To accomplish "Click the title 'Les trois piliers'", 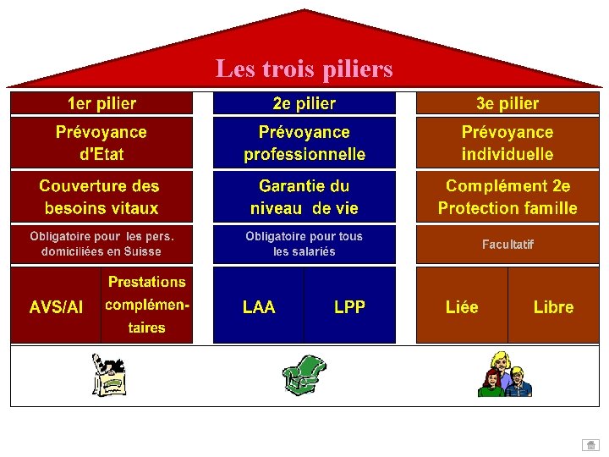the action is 304,68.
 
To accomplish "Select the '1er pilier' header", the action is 101,104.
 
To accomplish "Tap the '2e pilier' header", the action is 304,104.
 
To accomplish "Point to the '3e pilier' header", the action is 507,104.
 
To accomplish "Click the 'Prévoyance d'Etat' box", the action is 101,143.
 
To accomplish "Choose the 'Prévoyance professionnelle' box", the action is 304,143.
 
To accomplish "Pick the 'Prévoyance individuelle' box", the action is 507,143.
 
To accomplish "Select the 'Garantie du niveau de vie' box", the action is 304,196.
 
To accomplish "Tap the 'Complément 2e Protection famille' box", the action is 507,196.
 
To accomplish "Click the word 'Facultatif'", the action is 507,245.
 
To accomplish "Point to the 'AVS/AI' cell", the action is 56,307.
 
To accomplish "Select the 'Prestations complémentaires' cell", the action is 147,305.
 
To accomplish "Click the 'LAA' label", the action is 259,307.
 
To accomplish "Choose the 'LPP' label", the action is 349,307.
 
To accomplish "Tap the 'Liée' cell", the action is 462,307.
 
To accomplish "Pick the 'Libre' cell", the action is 553,307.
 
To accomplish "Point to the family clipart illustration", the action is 506,375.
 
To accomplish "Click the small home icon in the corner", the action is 590,445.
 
